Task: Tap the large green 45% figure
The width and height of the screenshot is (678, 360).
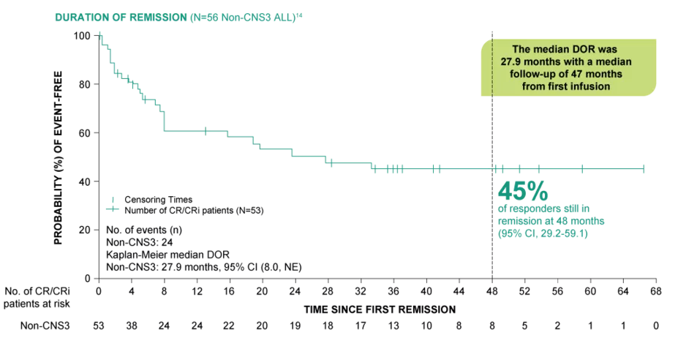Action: point(522,191)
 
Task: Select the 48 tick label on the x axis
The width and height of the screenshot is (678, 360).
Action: point(491,290)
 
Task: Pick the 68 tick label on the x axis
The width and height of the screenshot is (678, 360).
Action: point(656,290)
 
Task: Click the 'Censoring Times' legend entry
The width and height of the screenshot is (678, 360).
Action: point(158,199)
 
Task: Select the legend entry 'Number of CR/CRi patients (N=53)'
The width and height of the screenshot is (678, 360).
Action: point(193,210)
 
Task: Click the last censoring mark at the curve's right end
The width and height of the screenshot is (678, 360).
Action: point(644,168)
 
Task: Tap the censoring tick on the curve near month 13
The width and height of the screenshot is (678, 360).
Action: point(206,131)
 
